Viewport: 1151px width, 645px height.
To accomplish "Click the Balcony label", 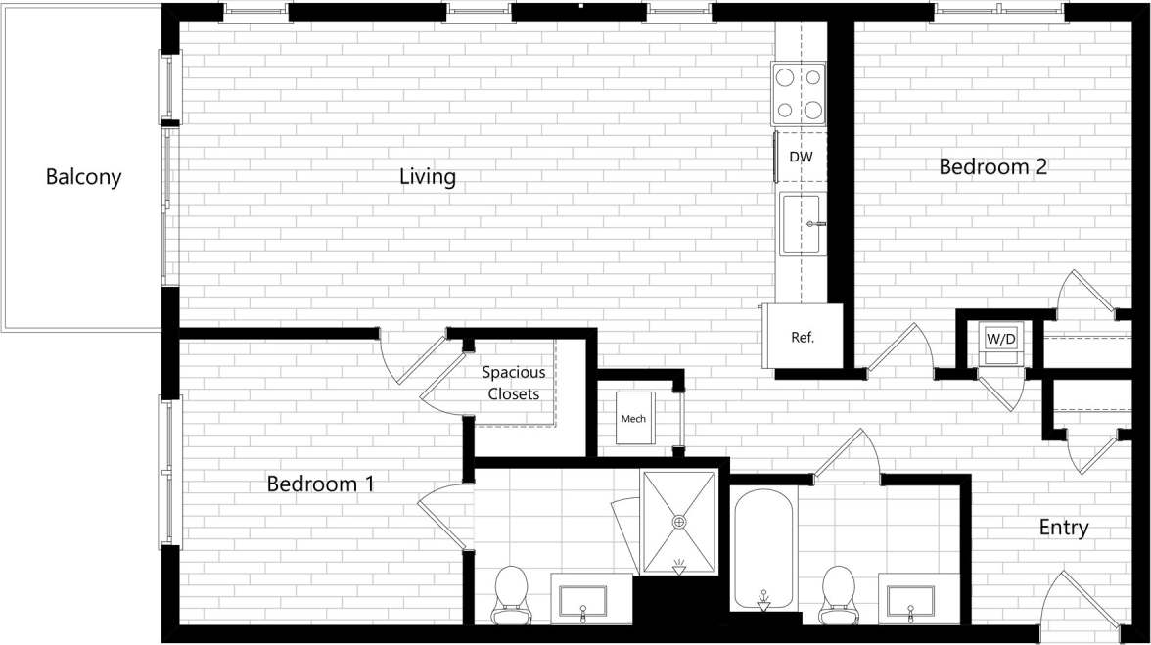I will [83, 177].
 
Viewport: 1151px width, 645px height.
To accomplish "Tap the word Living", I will [428, 177].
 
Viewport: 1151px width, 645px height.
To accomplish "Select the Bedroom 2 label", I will [992, 166].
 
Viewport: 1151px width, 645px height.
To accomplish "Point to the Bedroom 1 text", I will [320, 484].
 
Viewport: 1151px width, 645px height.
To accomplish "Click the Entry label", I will [1063, 528].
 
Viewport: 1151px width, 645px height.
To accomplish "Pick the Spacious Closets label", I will [513, 384].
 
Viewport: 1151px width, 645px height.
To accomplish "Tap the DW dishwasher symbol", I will [800, 157].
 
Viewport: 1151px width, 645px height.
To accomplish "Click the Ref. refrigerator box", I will [804, 337].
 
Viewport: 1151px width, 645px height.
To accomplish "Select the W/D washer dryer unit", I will [1000, 340].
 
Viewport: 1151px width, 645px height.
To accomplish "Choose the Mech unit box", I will [633, 419].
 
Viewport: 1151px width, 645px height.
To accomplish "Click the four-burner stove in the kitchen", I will [799, 93].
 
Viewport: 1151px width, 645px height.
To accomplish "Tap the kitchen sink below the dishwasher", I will [802, 224].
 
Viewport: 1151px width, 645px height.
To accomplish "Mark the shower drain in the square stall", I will [679, 522].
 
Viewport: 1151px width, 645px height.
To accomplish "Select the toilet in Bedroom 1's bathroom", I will [511, 593].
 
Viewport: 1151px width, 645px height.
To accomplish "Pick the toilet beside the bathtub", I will [838, 592].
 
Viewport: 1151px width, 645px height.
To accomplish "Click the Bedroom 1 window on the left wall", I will [170, 470].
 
